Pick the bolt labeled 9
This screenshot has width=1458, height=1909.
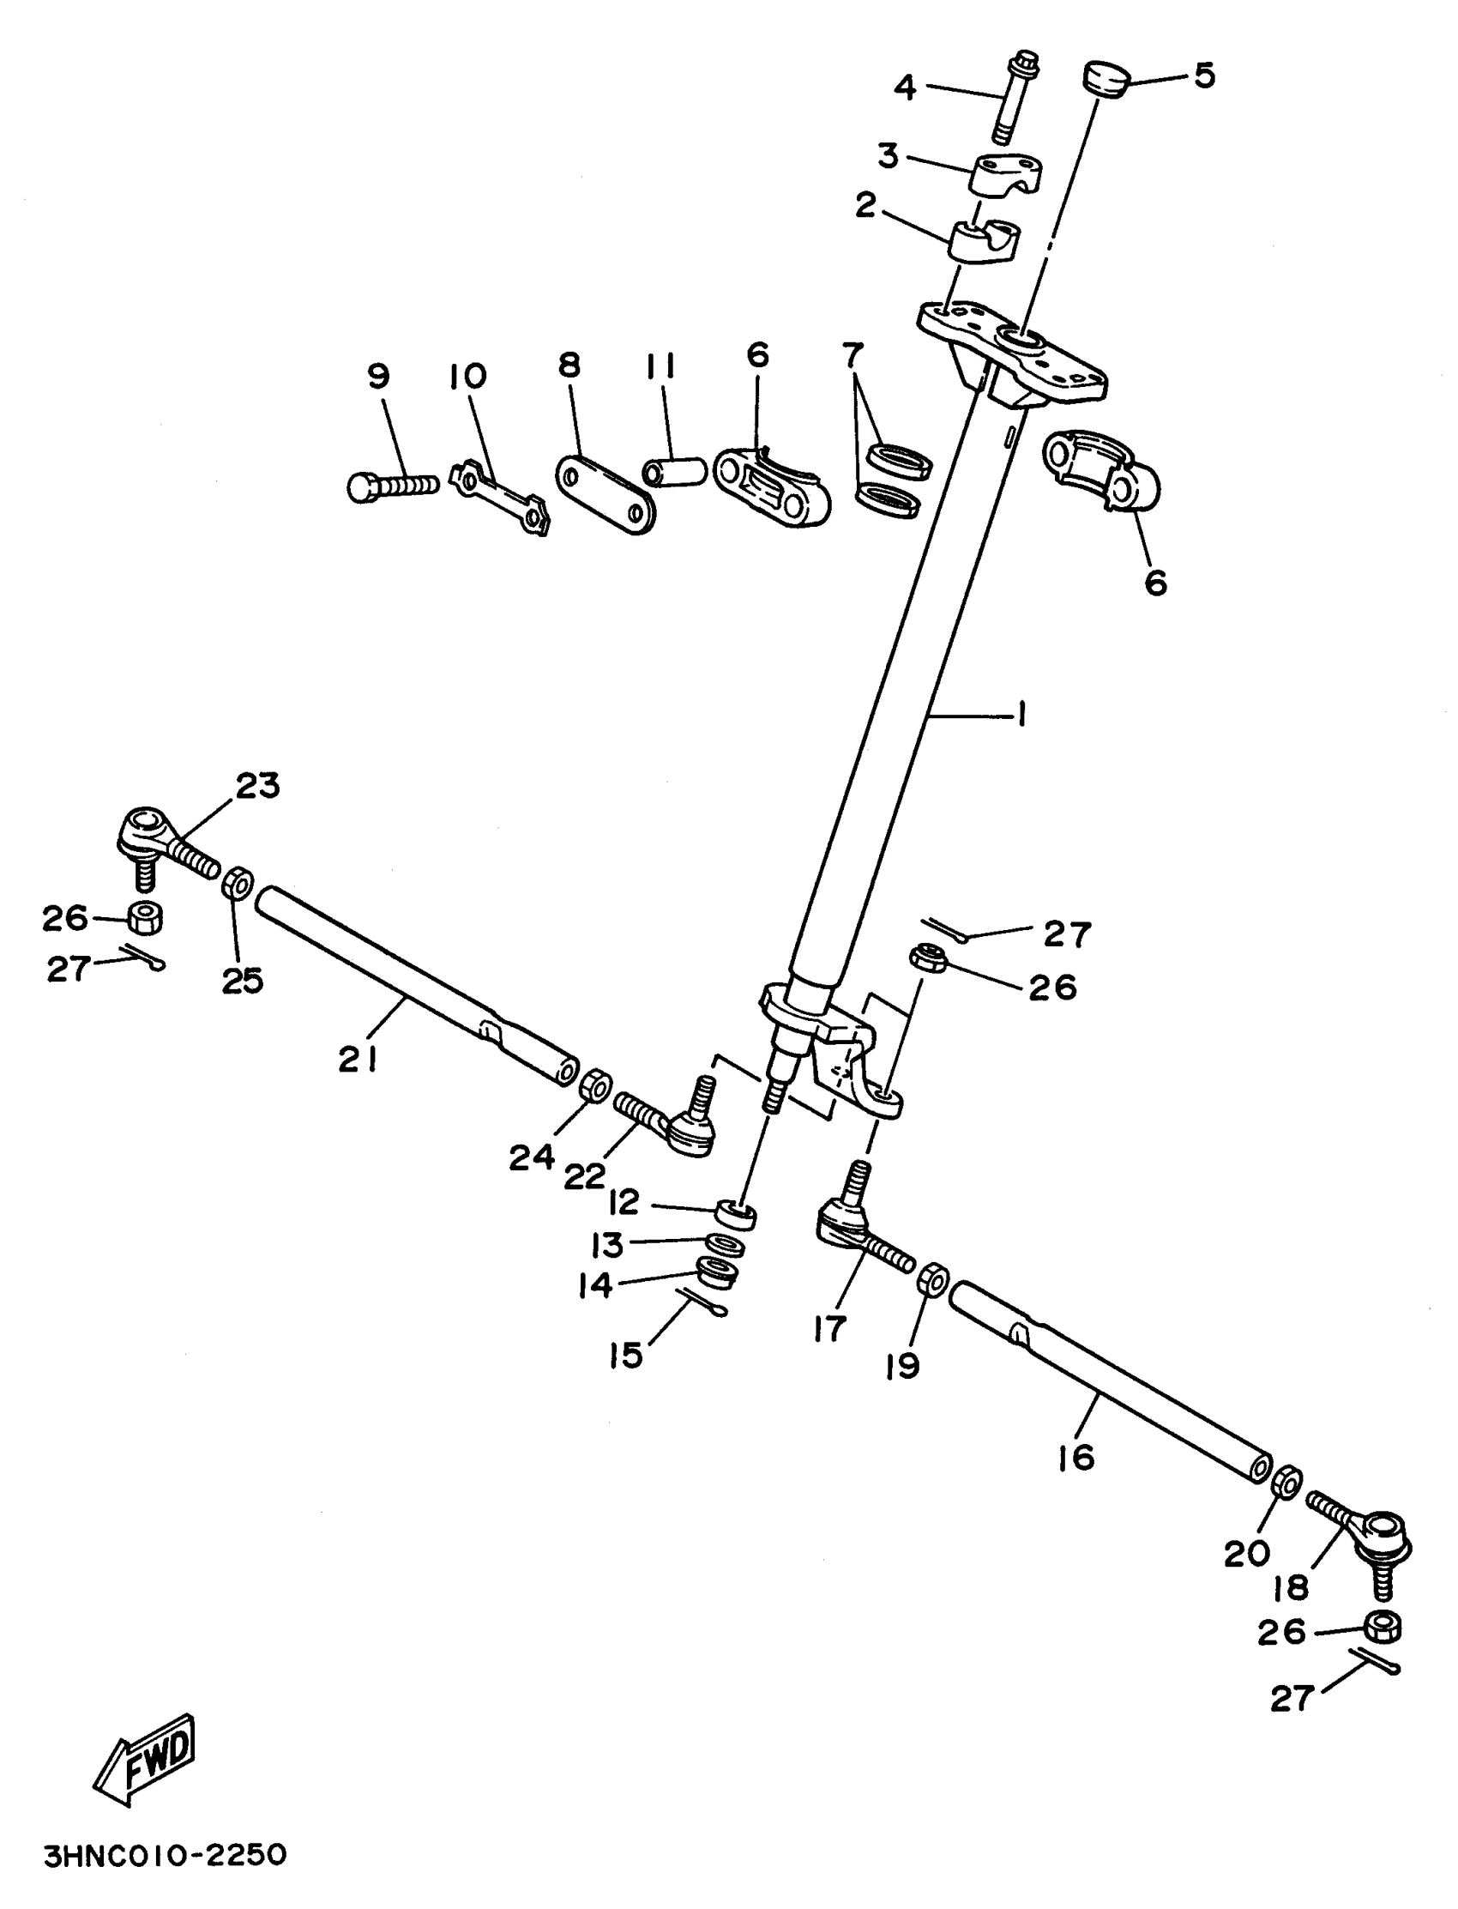click(x=392, y=486)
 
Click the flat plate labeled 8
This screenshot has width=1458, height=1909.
click(x=605, y=493)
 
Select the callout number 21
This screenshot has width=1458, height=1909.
click(x=358, y=1059)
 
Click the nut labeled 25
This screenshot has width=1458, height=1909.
click(x=238, y=884)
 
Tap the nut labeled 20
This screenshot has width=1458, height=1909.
click(x=1286, y=1482)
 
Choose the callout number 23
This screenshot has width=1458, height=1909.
click(x=258, y=785)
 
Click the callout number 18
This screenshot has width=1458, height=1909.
click(x=1291, y=1588)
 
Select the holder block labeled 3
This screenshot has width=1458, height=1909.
click(x=1007, y=173)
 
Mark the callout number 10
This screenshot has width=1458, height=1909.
click(x=467, y=376)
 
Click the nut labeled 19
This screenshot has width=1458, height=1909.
click(x=933, y=1278)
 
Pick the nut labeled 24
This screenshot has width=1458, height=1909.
click(x=595, y=1086)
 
